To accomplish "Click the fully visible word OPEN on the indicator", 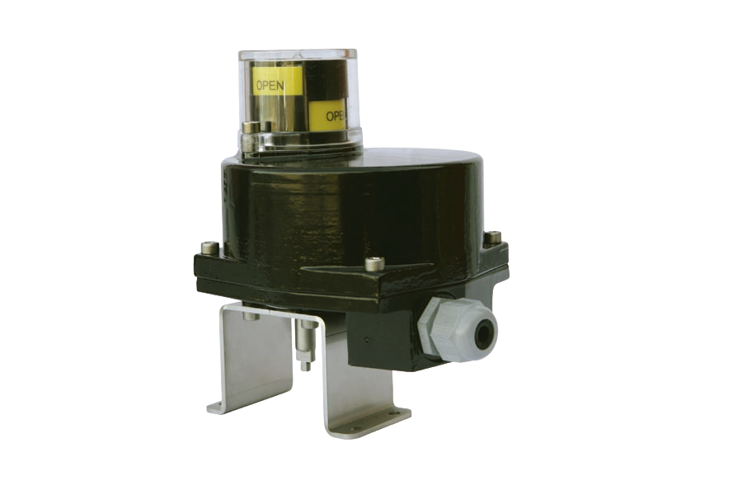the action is pyautogui.click(x=270, y=86).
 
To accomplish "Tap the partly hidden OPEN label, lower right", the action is pyautogui.click(x=336, y=115).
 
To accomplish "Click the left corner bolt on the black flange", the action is pyautogui.click(x=209, y=247).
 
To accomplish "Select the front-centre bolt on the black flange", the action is pyautogui.click(x=373, y=262).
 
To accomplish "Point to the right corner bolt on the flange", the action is pyautogui.click(x=493, y=235).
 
